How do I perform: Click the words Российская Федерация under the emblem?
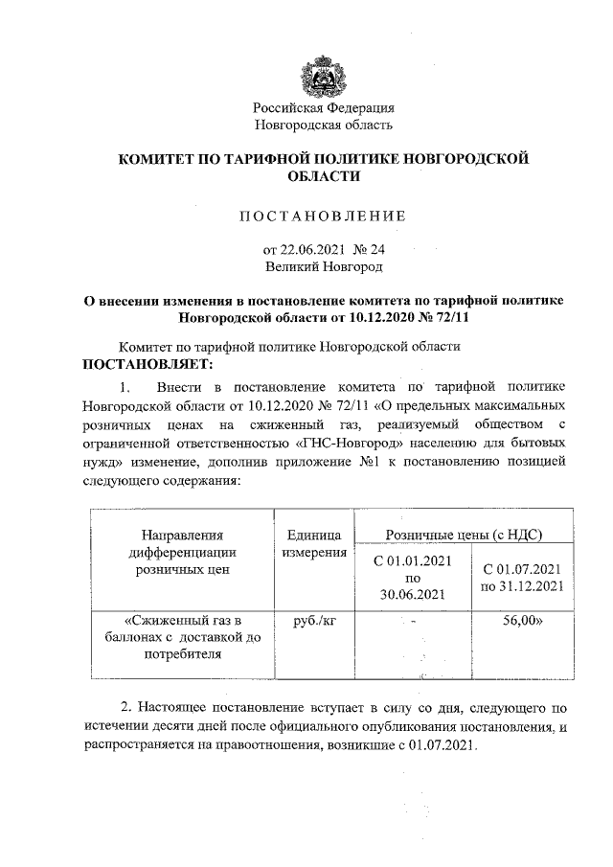324,107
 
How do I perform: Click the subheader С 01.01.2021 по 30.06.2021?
413,578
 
